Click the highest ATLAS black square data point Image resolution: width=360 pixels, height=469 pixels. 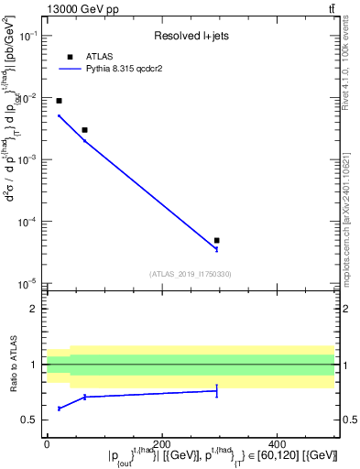[60, 101]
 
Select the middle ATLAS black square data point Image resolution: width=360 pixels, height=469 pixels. [84, 130]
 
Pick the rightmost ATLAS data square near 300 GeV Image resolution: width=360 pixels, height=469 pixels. [216, 240]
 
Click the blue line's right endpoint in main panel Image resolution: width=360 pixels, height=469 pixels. [216, 248]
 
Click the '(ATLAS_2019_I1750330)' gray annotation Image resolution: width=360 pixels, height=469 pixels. [190, 273]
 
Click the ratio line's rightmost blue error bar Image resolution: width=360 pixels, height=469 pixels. [216, 390]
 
